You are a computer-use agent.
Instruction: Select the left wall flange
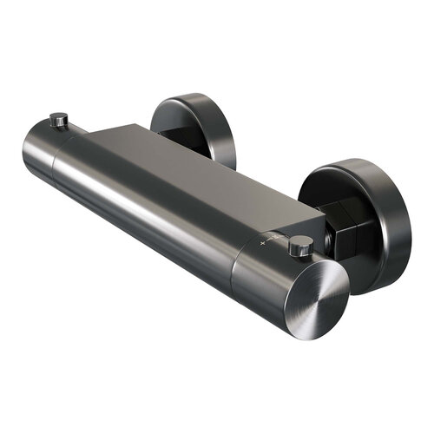(193, 130)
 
